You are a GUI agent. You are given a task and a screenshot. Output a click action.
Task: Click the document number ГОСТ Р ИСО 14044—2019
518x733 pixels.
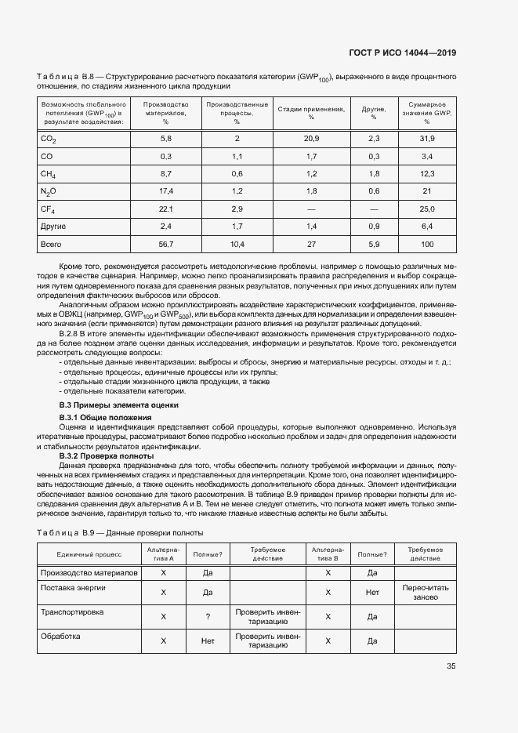[x=402, y=53]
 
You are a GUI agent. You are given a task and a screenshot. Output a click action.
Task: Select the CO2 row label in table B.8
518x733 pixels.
[x=49, y=139]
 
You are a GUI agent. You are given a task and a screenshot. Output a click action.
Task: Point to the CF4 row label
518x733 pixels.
[x=49, y=209]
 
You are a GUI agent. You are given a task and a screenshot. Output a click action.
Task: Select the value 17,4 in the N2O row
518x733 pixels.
[x=165, y=191]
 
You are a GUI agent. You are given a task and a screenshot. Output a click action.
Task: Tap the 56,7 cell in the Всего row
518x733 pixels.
[x=165, y=245]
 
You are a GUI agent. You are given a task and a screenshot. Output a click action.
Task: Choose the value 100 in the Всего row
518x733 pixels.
[x=427, y=245]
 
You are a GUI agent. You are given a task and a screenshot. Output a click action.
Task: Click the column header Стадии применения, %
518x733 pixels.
[x=311, y=112]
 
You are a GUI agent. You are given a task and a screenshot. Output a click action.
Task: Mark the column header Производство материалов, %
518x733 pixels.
[x=165, y=112]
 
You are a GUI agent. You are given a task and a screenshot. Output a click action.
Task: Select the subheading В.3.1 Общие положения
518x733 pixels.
[x=105, y=417]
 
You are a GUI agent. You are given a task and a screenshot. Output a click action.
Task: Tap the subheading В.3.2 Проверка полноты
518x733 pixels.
[x=107, y=455]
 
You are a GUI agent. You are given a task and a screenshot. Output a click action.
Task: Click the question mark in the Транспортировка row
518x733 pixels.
[x=208, y=617]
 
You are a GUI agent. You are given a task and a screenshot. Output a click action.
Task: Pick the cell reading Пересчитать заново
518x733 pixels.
[x=425, y=592]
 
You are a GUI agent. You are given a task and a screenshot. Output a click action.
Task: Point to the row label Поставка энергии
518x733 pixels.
[x=74, y=587]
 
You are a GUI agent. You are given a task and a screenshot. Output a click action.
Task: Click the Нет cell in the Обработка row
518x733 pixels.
[x=208, y=640]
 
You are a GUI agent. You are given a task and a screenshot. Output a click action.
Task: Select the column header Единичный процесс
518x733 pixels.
[x=89, y=554]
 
